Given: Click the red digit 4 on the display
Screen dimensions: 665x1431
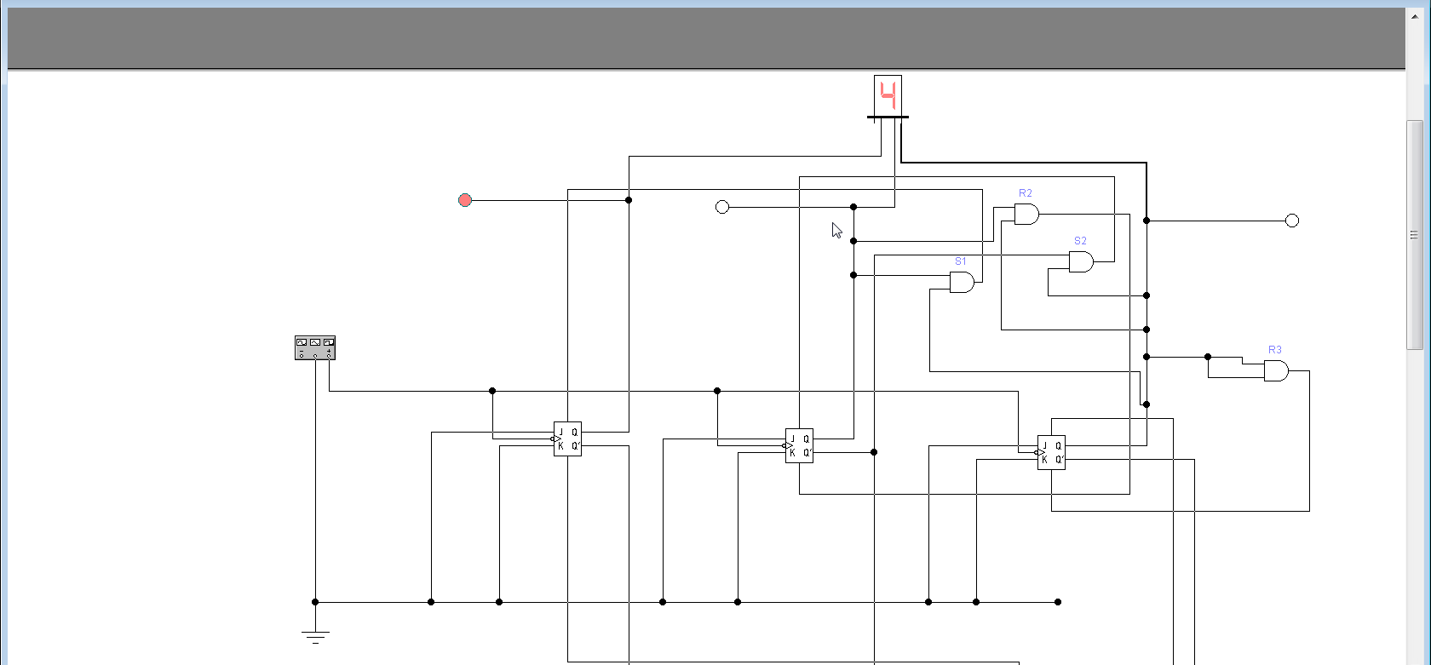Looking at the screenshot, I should (888, 95).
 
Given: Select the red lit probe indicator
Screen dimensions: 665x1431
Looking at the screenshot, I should (465, 200).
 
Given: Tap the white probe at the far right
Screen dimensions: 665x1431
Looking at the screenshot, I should (1291, 221).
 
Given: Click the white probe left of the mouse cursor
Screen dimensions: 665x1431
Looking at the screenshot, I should (722, 207).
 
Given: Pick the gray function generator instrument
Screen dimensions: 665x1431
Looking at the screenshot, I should (315, 347).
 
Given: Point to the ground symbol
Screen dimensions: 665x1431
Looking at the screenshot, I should (315, 636).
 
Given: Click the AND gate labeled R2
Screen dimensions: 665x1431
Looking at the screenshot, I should (1026, 215).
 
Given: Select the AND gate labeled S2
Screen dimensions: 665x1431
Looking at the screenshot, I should (1081, 261).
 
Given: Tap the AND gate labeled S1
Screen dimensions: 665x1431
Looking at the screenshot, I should (962, 282).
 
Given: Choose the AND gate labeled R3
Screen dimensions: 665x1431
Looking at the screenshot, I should (1276, 370).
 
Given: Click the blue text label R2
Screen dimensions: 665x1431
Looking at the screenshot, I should (1026, 193).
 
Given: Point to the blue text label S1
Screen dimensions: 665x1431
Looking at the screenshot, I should (961, 261).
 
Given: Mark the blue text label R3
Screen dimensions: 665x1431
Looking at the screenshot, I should (1274, 350).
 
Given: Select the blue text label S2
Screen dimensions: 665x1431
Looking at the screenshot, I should (1080, 241).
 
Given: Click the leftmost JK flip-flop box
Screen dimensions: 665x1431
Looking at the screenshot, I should (567, 439).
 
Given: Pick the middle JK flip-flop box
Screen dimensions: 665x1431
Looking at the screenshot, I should (799, 445).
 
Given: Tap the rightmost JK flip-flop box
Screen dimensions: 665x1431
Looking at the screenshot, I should (1051, 452).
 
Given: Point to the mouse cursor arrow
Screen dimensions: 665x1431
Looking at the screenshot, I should (836, 230).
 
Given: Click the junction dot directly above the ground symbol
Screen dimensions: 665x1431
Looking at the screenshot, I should (315, 602).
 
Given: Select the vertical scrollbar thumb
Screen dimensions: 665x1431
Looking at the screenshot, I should (1414, 234).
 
